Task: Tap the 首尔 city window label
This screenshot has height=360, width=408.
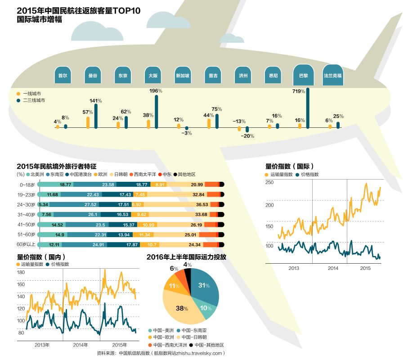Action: point(63,76)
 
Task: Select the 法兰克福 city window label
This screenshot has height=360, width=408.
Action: point(332,76)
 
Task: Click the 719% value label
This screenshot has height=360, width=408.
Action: point(299,91)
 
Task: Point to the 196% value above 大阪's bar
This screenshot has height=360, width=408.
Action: point(156,91)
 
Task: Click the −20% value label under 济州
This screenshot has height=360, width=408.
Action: point(247,135)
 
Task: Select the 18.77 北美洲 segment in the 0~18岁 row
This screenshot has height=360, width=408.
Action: point(66,184)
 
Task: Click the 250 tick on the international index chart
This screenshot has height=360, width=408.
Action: point(269,182)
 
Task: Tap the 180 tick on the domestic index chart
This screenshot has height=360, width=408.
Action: point(21,272)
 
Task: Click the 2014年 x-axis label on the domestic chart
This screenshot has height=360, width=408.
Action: point(80,345)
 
